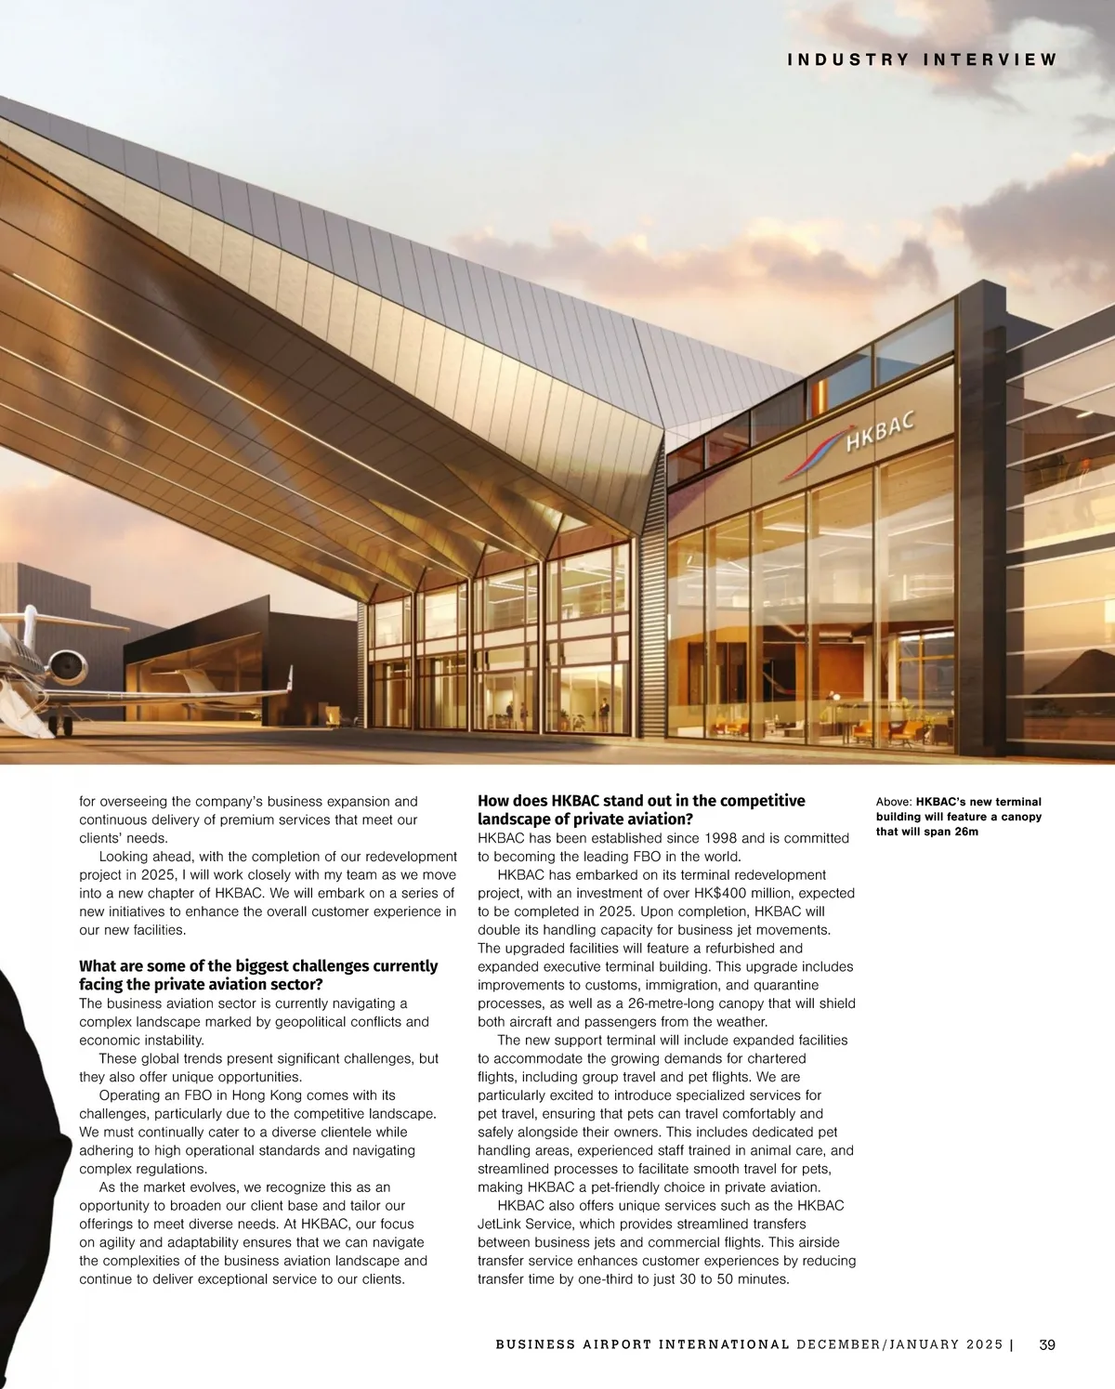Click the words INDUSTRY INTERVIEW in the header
coord(922,59)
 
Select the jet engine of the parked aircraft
coord(67,664)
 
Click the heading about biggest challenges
coord(258,976)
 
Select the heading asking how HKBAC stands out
coord(641,809)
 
